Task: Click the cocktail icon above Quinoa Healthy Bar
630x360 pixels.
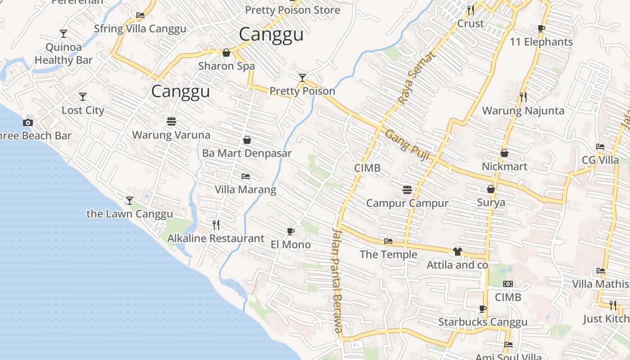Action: [63, 34]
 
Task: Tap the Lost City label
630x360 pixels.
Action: [83, 110]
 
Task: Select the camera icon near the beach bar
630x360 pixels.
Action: [28, 122]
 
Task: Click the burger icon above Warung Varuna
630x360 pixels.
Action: [171, 121]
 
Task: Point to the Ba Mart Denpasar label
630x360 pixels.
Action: [247, 153]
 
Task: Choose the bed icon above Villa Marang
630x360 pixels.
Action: [245, 176]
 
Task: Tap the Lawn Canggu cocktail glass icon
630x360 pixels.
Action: [130, 200]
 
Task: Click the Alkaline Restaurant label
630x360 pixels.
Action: [216, 238]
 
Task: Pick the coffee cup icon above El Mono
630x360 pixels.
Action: [291, 232]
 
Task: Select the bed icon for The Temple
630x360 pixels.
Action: [388, 242]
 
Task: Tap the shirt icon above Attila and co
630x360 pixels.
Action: [458, 252]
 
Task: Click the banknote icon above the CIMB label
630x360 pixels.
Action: [508, 284]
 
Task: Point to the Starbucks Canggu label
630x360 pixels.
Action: [483, 322]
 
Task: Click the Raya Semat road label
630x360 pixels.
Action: [417, 77]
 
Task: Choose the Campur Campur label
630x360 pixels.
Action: [407, 203]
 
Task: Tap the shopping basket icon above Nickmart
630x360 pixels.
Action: [504, 153]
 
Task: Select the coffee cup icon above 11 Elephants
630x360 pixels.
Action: [541, 29]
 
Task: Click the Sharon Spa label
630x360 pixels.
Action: [226, 66]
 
